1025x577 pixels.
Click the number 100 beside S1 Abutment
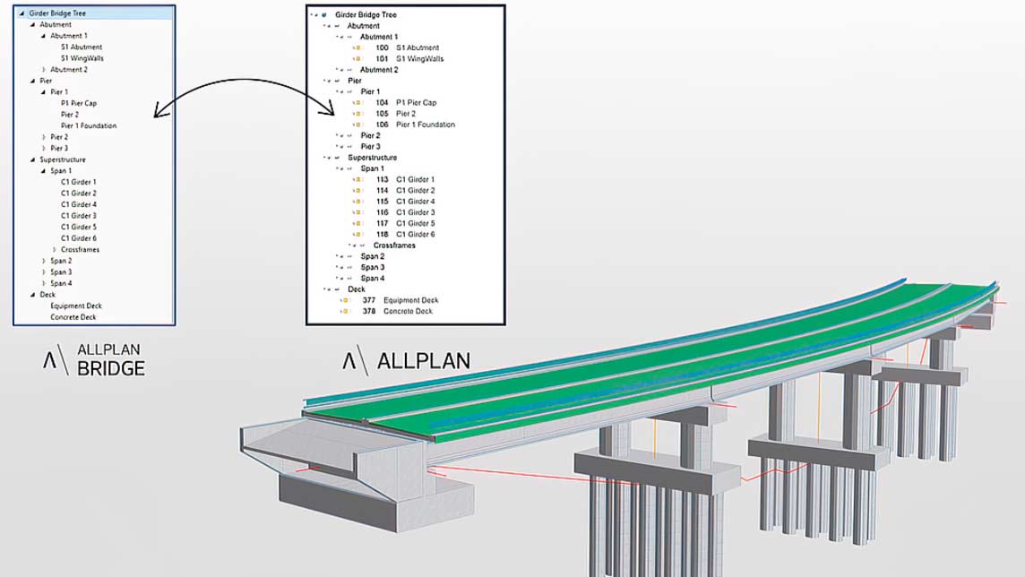point(382,47)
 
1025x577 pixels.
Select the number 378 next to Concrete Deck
point(368,311)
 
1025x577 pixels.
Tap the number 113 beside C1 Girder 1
point(382,179)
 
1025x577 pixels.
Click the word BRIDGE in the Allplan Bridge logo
point(111,368)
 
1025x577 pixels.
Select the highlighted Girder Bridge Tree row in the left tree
point(93,13)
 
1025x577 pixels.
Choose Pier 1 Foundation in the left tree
point(89,125)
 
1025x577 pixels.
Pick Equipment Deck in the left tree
point(76,306)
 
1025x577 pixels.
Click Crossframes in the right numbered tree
point(394,245)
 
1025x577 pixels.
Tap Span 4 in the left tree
point(62,283)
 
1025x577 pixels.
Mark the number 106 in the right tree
point(382,125)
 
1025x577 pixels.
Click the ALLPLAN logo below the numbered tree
point(406,361)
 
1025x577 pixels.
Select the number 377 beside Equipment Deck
point(368,300)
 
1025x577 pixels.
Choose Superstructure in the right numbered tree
point(372,158)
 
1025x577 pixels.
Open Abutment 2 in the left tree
point(69,69)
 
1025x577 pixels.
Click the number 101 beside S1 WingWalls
point(382,59)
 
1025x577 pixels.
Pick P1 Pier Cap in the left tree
point(79,103)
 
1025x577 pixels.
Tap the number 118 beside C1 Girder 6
point(382,234)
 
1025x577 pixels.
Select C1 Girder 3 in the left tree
point(79,216)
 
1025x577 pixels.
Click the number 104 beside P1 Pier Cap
point(382,103)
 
